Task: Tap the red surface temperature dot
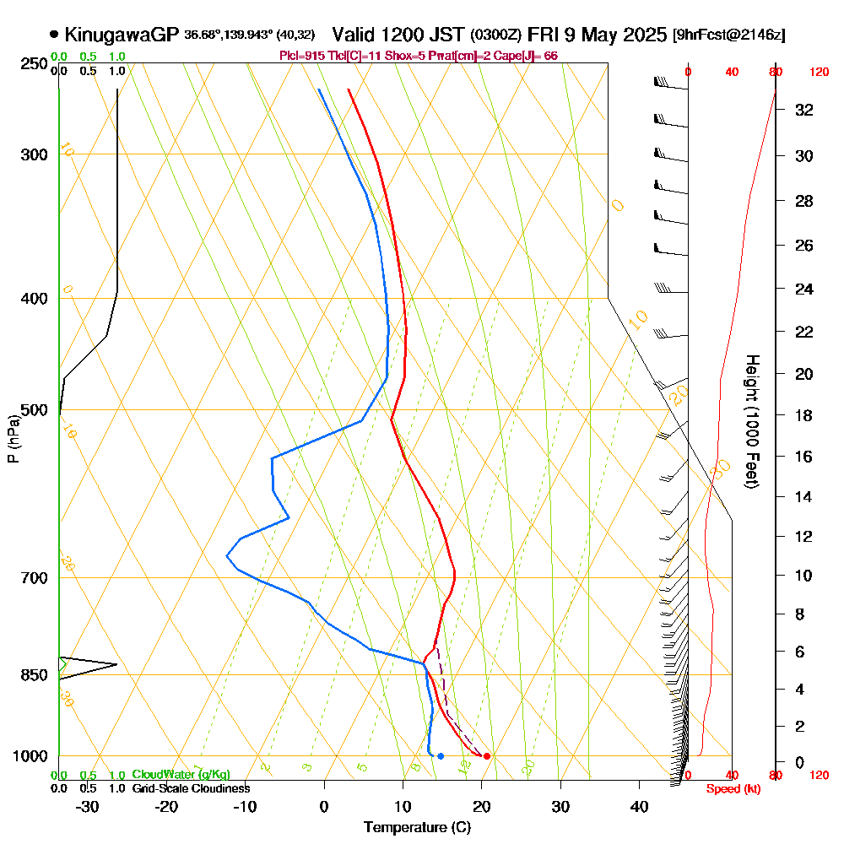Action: pyautogui.click(x=486, y=755)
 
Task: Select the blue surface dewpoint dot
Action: pyautogui.click(x=441, y=755)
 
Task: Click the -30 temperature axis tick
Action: pyautogui.click(x=88, y=807)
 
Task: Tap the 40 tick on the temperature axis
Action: pyautogui.click(x=639, y=807)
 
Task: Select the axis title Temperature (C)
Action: pyautogui.click(x=417, y=828)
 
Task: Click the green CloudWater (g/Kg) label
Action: pyautogui.click(x=181, y=775)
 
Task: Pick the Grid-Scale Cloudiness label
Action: pyautogui.click(x=191, y=788)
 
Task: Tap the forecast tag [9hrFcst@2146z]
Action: pyautogui.click(x=728, y=35)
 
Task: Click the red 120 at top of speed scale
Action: pyautogui.click(x=818, y=73)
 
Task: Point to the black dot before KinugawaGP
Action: pyautogui.click(x=55, y=35)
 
